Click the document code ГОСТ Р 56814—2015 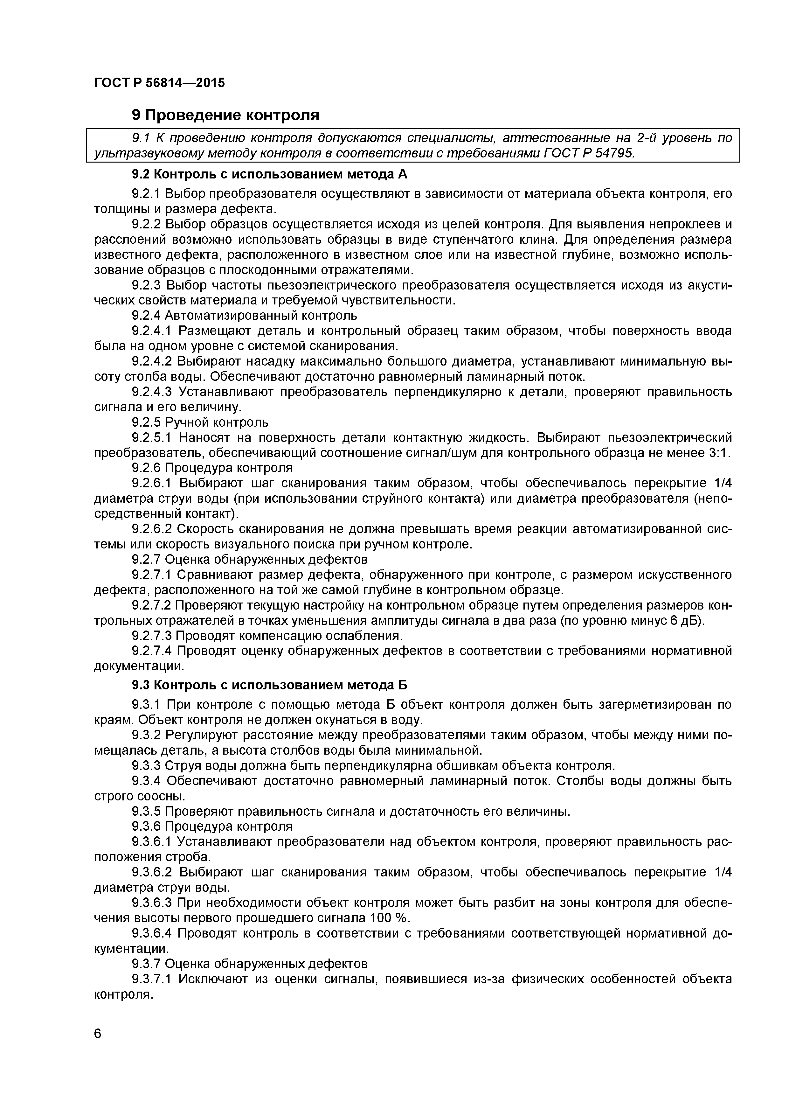(x=159, y=83)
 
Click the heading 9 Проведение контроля (x=225, y=115)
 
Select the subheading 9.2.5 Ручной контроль (x=200, y=422)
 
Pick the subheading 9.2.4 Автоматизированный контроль (x=244, y=316)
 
